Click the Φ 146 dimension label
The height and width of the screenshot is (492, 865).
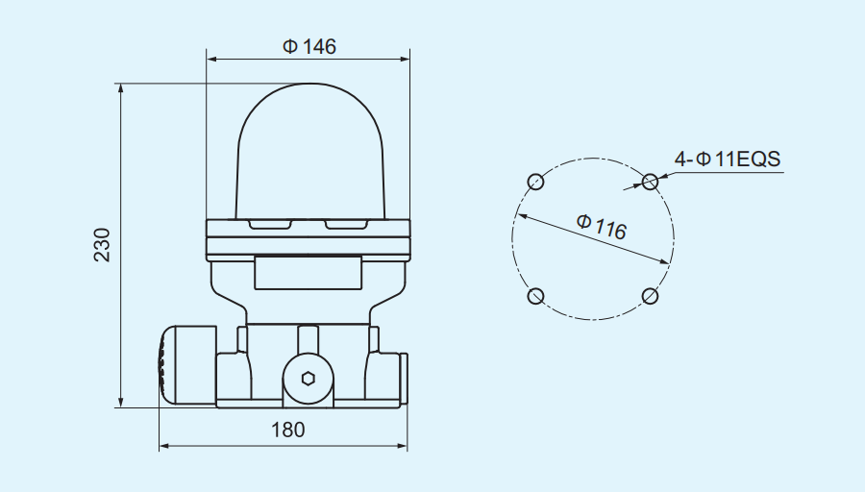pos(309,46)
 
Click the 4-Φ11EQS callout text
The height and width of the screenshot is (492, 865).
pos(728,160)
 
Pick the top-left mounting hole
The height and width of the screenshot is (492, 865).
pos(536,182)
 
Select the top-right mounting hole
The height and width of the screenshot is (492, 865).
pos(651,181)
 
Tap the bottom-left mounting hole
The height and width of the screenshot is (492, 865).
pos(536,296)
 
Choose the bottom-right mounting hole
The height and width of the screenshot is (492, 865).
pos(651,296)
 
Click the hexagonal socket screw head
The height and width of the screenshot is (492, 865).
pos(308,378)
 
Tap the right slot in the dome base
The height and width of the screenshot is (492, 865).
pos(347,226)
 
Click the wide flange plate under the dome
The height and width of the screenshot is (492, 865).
pos(309,238)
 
